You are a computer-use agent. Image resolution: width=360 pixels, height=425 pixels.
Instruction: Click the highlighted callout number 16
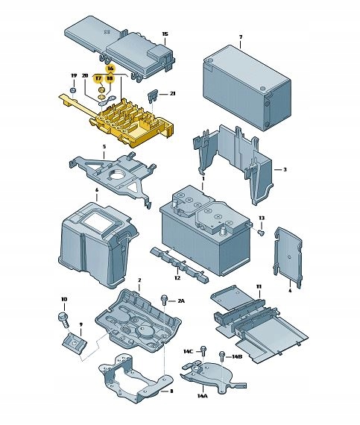point(110,69)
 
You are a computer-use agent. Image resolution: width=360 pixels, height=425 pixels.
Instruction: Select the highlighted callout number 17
point(98,78)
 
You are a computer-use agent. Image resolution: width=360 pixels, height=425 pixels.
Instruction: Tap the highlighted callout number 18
point(110,78)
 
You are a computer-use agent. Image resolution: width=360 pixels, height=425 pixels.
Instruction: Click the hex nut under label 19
point(72,90)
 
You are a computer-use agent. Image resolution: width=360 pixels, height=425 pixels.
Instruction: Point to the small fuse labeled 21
point(151,97)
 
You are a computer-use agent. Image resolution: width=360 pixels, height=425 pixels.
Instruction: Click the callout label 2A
point(181,301)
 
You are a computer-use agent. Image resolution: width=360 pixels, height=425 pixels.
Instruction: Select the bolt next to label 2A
point(165,300)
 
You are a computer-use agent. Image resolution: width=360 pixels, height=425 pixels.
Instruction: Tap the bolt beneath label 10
point(63,320)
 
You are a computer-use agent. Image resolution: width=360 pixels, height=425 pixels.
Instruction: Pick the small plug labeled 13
point(261,233)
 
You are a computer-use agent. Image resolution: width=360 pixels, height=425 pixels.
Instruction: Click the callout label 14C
point(188,351)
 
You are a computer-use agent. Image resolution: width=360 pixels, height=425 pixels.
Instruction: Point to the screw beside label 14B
point(222,356)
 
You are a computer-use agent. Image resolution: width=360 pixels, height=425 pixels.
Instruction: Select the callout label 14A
point(202,396)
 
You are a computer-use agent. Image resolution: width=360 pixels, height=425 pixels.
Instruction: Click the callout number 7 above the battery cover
point(241,37)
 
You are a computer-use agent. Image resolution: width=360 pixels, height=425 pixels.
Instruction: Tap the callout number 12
point(177,278)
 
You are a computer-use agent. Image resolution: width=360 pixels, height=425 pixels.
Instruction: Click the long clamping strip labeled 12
point(180,264)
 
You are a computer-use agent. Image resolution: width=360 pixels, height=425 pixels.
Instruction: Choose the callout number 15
point(165,34)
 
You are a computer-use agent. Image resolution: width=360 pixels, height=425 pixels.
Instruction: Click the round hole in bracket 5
point(118,173)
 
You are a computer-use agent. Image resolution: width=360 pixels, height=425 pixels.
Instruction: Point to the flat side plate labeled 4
point(288,257)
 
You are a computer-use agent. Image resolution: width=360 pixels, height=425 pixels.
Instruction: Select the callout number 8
point(171,391)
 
